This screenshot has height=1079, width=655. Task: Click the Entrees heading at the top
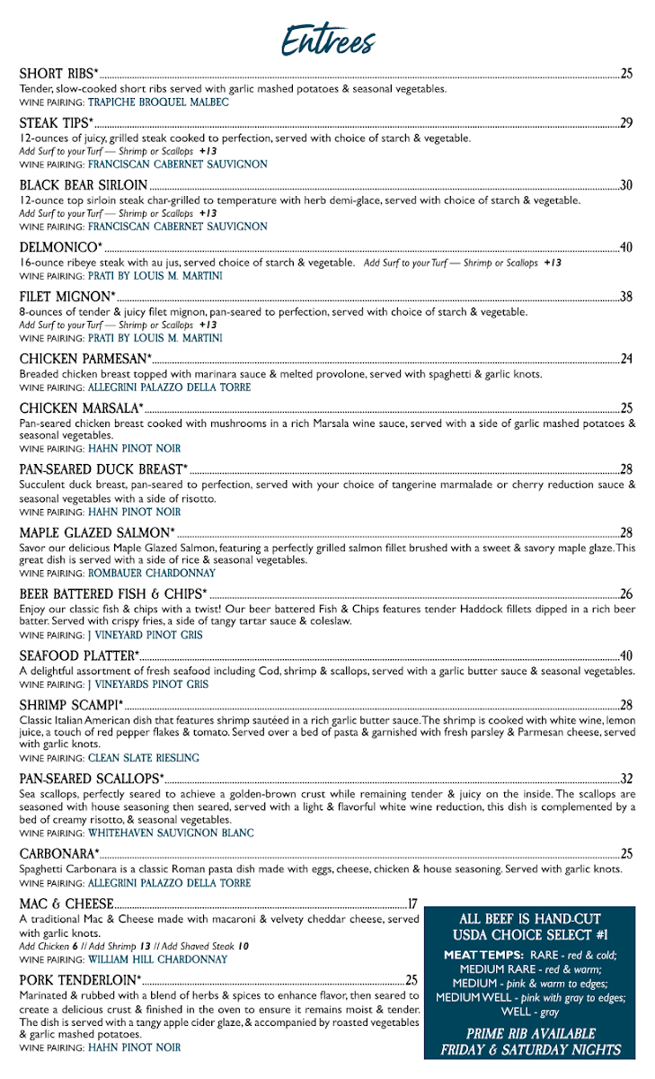(327, 40)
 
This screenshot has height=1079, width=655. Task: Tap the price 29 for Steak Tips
(626, 123)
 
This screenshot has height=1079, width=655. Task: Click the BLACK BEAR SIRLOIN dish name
(83, 185)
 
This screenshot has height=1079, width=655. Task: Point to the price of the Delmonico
(626, 247)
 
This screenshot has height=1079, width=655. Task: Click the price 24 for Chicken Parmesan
(626, 360)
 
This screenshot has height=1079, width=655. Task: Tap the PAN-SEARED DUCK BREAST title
(103, 469)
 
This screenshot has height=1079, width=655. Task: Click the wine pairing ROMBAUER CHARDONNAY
(152, 573)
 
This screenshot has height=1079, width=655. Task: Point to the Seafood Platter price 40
(626, 655)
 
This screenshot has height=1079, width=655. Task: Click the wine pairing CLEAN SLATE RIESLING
(144, 758)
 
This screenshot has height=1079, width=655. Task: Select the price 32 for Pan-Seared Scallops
(626, 779)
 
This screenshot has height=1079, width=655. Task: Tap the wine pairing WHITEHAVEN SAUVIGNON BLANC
(171, 833)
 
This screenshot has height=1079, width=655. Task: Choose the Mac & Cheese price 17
(413, 904)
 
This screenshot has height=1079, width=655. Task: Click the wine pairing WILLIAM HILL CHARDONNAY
(157, 959)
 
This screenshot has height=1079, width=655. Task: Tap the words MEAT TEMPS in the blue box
(480, 955)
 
